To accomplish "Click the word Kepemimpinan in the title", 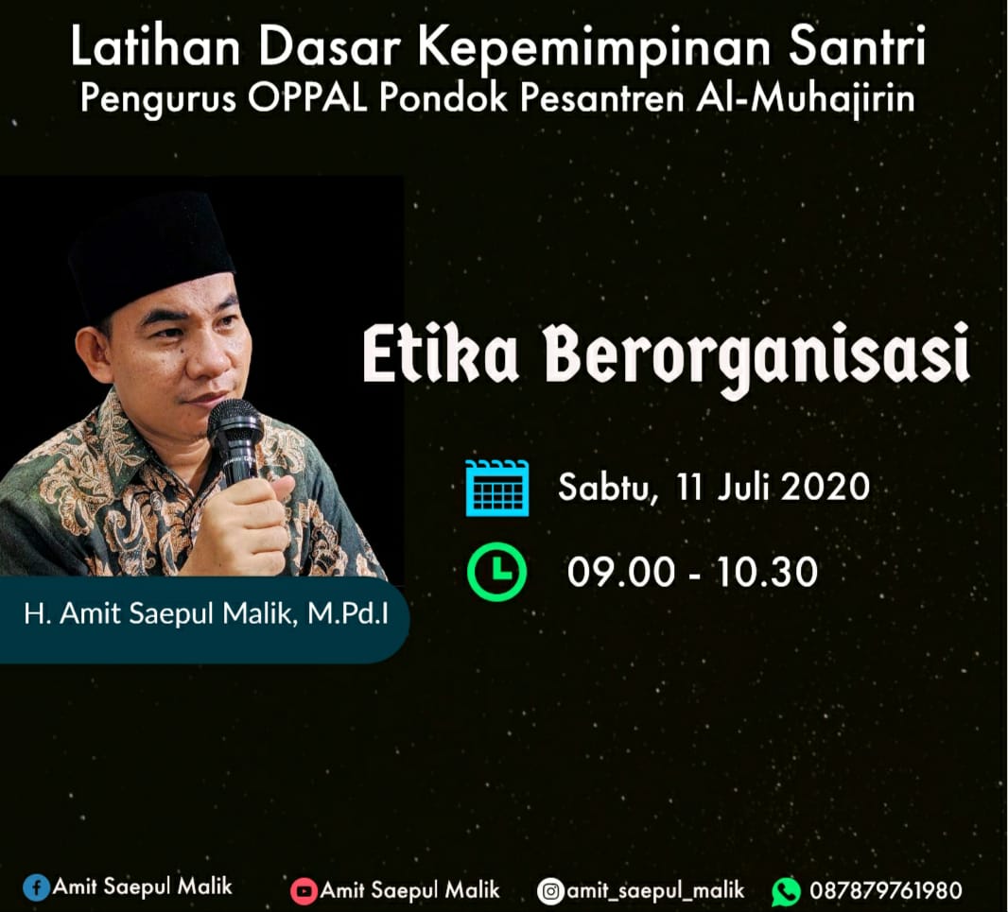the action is (598, 49).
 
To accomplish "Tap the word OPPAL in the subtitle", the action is (306, 99).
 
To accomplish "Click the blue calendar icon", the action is (497, 488).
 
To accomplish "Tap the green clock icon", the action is (496, 572).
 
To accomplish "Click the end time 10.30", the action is (766, 572).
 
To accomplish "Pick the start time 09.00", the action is (620, 572).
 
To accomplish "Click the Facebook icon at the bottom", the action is (37, 887).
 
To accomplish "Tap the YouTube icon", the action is (304, 891).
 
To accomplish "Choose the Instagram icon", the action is (550, 891).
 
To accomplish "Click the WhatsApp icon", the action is (786, 891).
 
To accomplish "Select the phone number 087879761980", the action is (886, 891).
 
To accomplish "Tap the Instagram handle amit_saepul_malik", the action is (655, 891).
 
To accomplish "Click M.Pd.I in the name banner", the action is (348, 613).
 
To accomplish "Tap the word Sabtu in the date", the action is (607, 487).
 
